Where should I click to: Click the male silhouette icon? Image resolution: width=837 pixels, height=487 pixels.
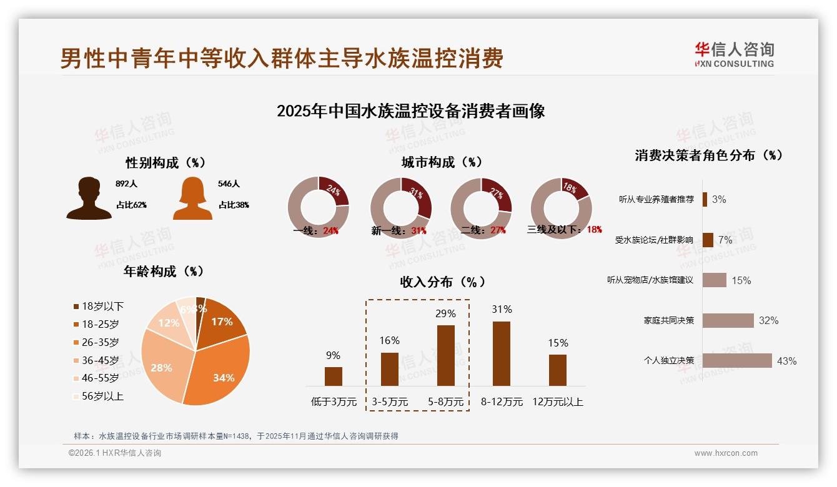pyautogui.click(x=89, y=199)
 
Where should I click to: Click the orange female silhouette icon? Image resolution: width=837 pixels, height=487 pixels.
pyautogui.click(x=192, y=199)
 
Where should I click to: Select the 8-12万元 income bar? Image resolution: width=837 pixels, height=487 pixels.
pyautogui.click(x=502, y=353)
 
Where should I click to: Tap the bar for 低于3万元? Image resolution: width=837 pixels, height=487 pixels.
pyautogui.click(x=333, y=376)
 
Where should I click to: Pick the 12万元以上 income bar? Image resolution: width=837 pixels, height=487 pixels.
pyautogui.click(x=558, y=370)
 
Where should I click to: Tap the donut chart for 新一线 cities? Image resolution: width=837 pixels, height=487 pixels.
pyautogui.click(x=400, y=208)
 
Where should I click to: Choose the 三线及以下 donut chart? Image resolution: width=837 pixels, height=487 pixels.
pyautogui.click(x=560, y=208)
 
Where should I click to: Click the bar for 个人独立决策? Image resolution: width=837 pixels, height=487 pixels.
pyautogui.click(x=737, y=361)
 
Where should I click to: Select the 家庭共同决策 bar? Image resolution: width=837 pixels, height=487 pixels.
pyautogui.click(x=728, y=320)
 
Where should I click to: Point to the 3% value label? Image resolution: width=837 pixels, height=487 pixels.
pyautogui.click(x=719, y=200)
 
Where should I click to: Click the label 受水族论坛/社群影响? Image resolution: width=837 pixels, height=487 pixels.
pyautogui.click(x=654, y=240)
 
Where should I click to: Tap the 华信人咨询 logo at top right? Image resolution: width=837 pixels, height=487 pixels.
pyautogui.click(x=734, y=54)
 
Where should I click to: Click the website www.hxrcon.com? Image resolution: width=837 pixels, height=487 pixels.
pyautogui.click(x=726, y=453)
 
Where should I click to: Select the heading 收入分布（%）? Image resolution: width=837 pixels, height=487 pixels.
pyautogui.click(x=442, y=282)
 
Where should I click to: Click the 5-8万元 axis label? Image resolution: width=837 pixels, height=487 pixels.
pyautogui.click(x=446, y=402)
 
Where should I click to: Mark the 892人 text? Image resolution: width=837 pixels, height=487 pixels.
pyautogui.click(x=126, y=184)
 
